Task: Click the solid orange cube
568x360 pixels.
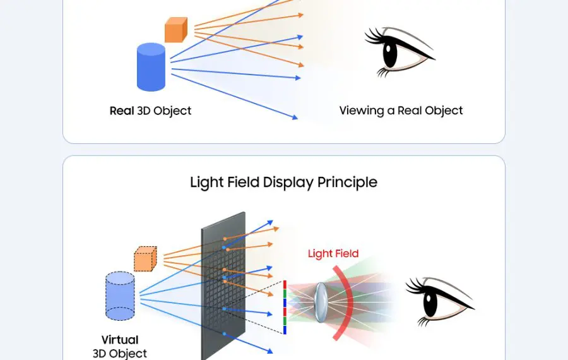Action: coord(175,30)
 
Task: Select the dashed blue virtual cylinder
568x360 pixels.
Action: coord(120,296)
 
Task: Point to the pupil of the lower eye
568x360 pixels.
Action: coord(430,304)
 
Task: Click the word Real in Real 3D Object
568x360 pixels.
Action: coord(122,111)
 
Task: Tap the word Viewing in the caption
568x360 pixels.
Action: coord(362,111)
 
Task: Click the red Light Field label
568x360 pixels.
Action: coord(333,254)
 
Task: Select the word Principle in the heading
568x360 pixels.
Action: coord(347,183)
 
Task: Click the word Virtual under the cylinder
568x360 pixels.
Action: coord(119,340)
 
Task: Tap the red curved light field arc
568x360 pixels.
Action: coord(349,303)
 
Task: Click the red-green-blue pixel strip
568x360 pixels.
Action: coord(285,307)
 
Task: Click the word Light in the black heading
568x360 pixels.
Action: coord(207,183)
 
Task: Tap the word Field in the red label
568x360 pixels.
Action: coord(346,254)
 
